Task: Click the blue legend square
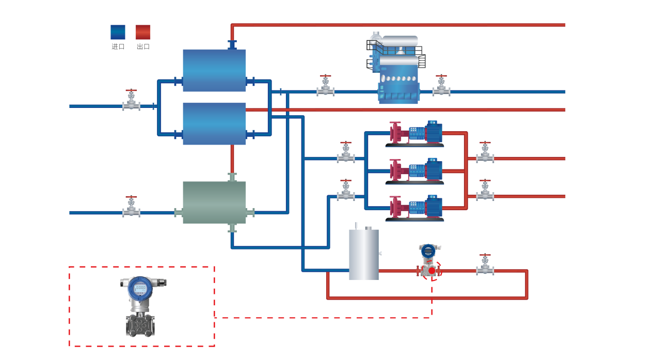point(118,32)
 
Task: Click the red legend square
point(143,32)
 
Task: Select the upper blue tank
point(214,70)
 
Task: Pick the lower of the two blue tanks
point(214,123)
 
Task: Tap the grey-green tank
point(214,202)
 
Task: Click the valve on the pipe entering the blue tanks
point(131,102)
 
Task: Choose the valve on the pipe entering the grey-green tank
point(131,208)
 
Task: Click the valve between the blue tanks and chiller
point(326,87)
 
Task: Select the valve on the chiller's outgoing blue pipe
point(441,87)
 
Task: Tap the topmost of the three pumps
point(416,133)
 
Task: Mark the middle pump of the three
point(416,171)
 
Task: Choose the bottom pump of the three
point(416,208)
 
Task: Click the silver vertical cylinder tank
point(364,255)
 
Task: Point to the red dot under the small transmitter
point(432,271)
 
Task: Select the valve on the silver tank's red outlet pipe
point(485,266)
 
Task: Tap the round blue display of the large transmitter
point(140,289)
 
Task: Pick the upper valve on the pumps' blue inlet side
point(346,154)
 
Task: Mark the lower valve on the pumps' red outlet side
point(485,192)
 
